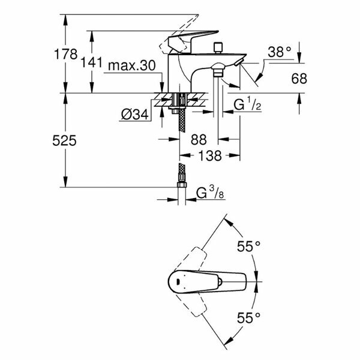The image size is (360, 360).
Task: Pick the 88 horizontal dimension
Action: [x=198, y=140]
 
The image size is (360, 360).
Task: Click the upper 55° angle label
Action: [x=248, y=246]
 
